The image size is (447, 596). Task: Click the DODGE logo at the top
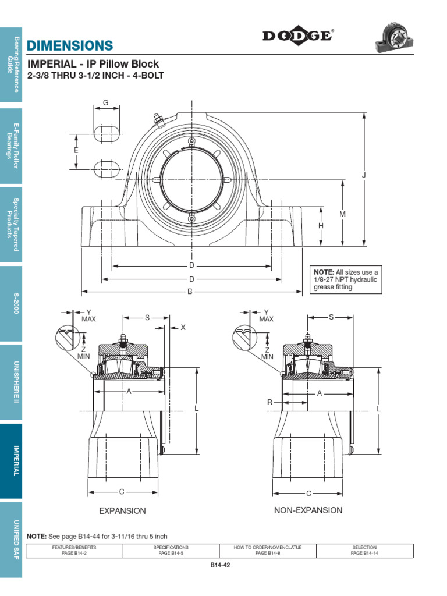click(x=297, y=37)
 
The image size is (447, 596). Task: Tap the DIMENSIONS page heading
click(x=69, y=45)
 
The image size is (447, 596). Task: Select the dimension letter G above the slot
click(x=106, y=103)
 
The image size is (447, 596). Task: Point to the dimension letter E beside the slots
click(x=76, y=150)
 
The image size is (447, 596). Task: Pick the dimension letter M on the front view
click(x=343, y=214)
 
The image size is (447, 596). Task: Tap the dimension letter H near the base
click(x=321, y=226)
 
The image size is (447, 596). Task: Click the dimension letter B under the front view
click(x=190, y=292)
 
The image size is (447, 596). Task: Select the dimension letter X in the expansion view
click(x=182, y=328)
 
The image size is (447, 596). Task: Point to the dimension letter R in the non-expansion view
click(x=270, y=402)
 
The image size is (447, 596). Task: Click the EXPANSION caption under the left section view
click(x=122, y=511)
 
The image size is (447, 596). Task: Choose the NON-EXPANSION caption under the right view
click(x=308, y=510)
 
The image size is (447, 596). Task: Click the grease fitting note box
click(x=347, y=279)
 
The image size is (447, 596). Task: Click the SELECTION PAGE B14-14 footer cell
click(x=364, y=550)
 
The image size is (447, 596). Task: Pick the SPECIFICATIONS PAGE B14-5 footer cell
click(x=171, y=550)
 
